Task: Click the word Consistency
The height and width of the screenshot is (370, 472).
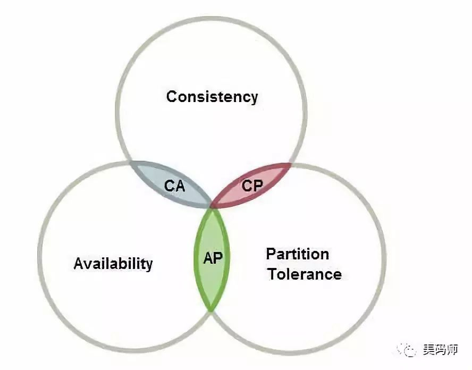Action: (x=212, y=97)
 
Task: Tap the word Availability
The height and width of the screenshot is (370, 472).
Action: (x=113, y=264)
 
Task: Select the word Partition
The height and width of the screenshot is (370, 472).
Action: (x=297, y=254)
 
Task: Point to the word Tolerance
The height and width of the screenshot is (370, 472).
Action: (x=304, y=274)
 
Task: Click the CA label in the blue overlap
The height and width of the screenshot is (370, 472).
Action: (x=174, y=186)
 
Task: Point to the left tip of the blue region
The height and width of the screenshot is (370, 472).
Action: (x=130, y=162)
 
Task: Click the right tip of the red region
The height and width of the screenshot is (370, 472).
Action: (x=291, y=164)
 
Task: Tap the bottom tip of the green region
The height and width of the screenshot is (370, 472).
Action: (x=212, y=310)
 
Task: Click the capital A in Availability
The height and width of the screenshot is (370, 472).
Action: (x=79, y=264)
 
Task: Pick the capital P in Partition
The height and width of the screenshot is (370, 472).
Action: (x=271, y=254)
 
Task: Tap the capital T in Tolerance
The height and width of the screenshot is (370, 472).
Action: (x=272, y=274)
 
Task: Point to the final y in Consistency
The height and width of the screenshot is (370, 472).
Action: (x=254, y=99)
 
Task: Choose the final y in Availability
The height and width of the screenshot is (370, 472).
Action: (x=149, y=265)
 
